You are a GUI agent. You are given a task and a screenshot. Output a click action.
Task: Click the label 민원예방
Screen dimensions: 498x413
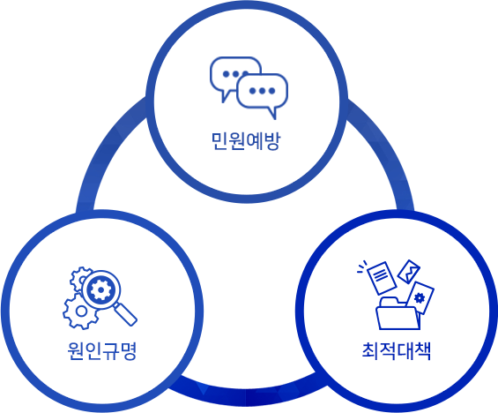246,141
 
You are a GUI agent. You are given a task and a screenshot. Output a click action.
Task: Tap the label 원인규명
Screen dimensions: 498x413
102,351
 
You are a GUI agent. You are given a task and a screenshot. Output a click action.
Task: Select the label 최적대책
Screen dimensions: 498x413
397,351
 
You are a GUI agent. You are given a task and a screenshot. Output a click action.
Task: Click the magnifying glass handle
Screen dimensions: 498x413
125,314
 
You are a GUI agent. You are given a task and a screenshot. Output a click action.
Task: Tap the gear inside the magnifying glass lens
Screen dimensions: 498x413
100,289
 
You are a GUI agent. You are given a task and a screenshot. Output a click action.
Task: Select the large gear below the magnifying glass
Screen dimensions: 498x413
80,312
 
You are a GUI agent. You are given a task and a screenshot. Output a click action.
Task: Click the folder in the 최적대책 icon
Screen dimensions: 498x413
398,313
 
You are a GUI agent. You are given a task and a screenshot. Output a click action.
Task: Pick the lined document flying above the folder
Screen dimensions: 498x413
382,278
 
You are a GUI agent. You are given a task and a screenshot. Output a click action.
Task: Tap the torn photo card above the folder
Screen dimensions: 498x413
409,272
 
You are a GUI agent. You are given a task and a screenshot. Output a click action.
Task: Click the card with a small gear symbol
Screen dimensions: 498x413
420,298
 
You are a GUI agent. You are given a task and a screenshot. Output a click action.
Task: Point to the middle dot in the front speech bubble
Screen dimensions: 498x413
262,91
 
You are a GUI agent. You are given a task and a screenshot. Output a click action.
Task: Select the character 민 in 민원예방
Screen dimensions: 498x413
219,141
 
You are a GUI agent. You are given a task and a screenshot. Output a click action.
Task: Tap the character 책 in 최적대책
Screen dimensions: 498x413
422,351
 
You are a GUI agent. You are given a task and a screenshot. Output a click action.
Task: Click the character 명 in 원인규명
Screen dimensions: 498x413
129,351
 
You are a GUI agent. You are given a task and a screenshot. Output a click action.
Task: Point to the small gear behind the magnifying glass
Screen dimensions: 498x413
78,279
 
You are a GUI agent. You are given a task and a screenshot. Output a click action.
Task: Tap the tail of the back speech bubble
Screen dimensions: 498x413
227,96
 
